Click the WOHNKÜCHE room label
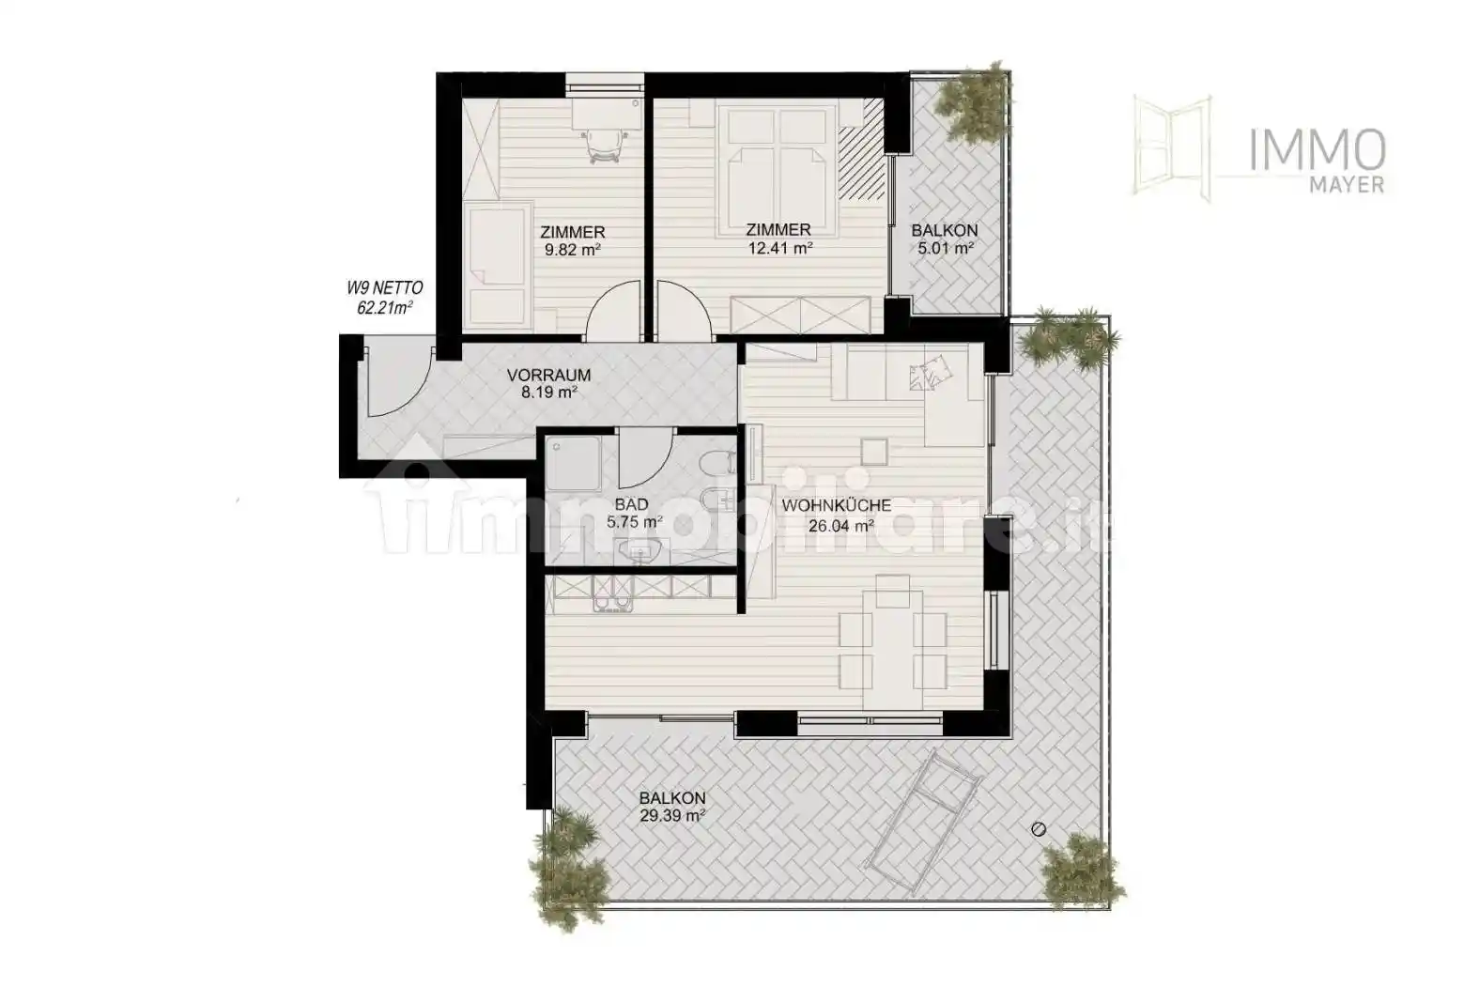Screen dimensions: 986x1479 tap(836, 505)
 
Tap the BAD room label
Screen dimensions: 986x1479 tap(631, 505)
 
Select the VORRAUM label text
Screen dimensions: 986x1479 tap(548, 375)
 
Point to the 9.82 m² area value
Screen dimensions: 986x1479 tap(572, 251)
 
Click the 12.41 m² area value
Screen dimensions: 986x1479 tap(778, 249)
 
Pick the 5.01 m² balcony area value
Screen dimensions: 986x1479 tap(945, 249)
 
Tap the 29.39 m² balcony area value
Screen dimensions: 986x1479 tap(672, 816)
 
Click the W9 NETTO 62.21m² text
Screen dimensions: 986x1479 tap(384, 299)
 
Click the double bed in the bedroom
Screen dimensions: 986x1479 tap(778, 150)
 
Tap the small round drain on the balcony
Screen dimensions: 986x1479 tap(1038, 829)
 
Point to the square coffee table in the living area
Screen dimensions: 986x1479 tap(873, 452)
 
